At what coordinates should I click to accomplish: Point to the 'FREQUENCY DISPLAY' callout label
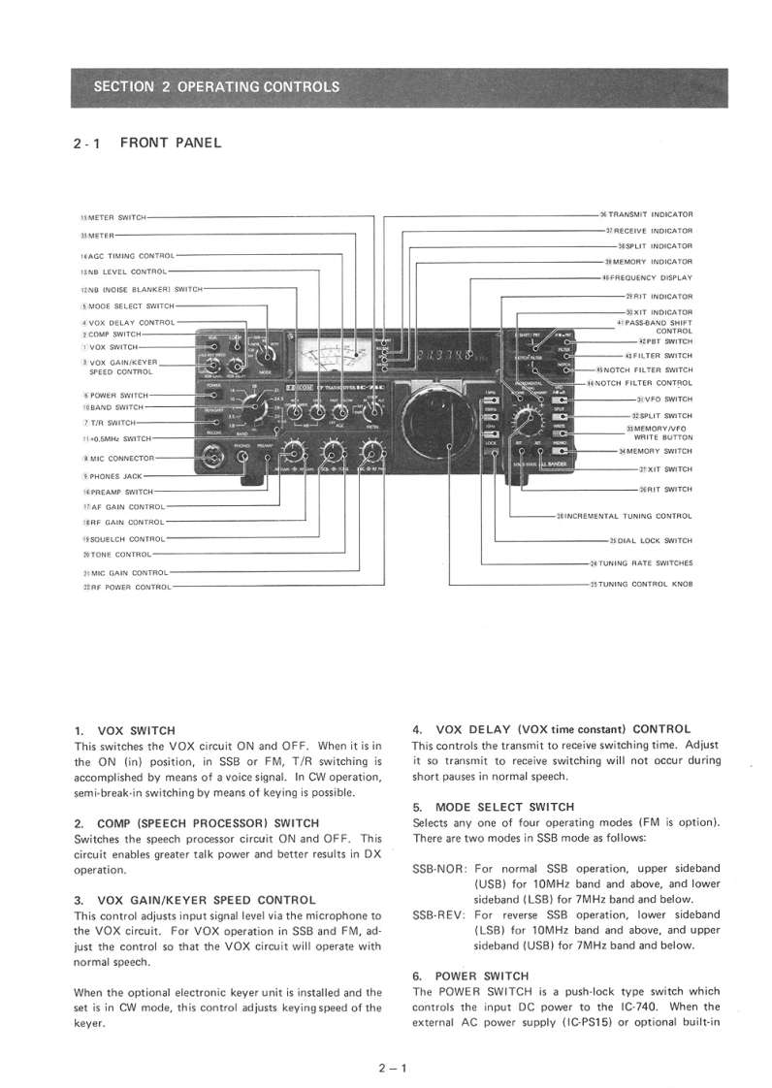click(652, 278)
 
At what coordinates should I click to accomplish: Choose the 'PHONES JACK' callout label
click(115, 476)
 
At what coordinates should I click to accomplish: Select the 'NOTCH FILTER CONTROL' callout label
click(644, 383)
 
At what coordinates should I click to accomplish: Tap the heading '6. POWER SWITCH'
click(470, 976)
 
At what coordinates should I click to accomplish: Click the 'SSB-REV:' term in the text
click(440, 914)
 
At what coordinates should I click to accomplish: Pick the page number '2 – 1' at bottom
click(393, 1069)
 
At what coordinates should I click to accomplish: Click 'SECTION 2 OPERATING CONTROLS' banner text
click(216, 86)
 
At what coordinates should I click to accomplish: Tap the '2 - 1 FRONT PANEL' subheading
click(147, 144)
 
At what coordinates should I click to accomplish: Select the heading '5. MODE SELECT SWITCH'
click(493, 807)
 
